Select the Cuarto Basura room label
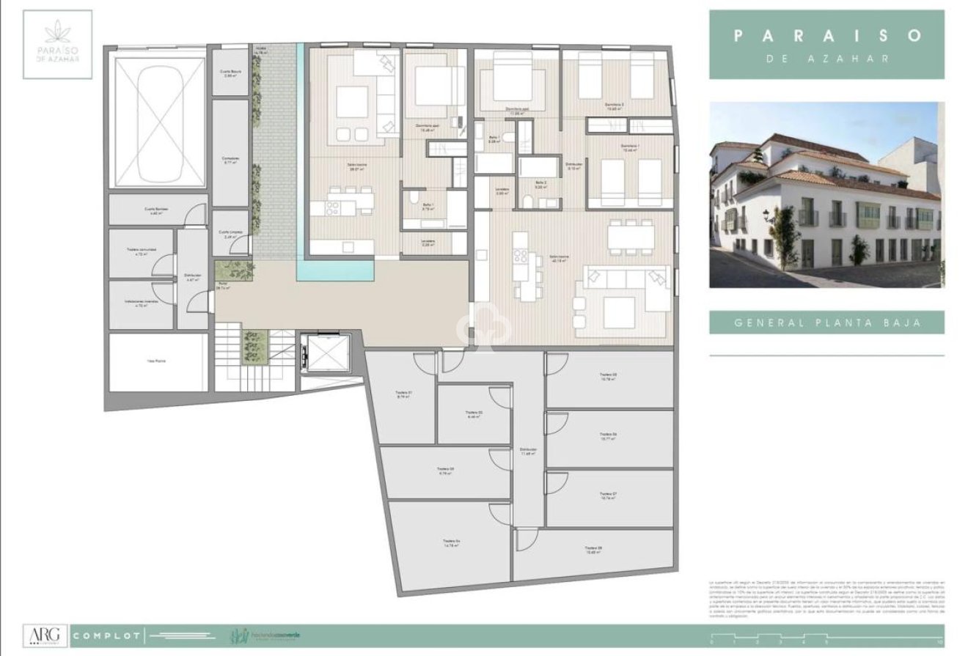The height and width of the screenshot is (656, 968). pyautogui.click(x=231, y=73)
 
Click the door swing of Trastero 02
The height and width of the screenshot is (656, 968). pyautogui.click(x=499, y=397)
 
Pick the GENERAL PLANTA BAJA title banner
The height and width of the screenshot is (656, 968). pyautogui.click(x=826, y=322)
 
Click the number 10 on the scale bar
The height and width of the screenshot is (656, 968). pyautogui.click(x=939, y=643)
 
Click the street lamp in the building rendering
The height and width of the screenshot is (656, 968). pyautogui.click(x=768, y=215)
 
